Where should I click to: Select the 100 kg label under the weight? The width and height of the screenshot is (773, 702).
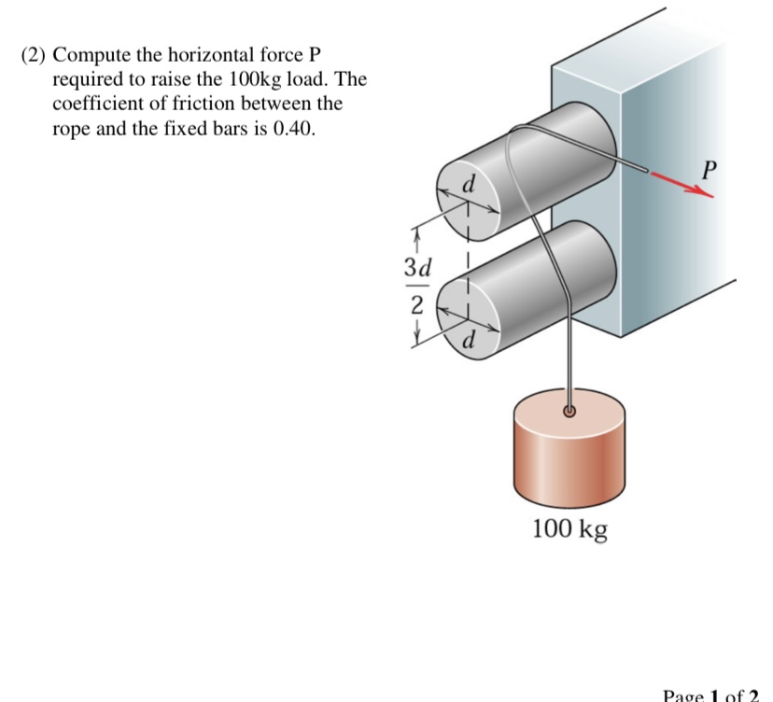pyautogui.click(x=569, y=529)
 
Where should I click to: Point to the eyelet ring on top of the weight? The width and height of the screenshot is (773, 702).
pyautogui.click(x=569, y=410)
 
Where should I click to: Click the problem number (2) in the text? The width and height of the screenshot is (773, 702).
pyautogui.click(x=35, y=55)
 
